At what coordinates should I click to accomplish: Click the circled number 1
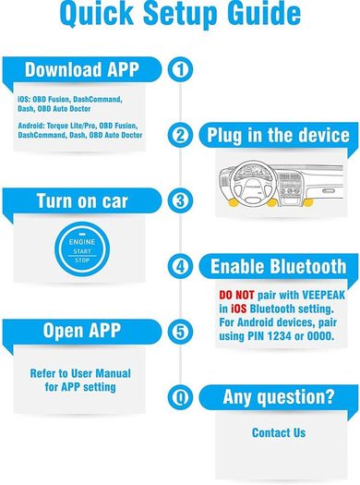[x=180, y=69]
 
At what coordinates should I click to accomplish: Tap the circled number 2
[x=180, y=135]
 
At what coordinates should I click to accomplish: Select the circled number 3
[x=180, y=200]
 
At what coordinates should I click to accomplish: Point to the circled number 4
[x=180, y=266]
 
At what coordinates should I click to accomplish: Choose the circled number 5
[x=180, y=332]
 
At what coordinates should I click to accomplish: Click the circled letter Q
[x=180, y=397]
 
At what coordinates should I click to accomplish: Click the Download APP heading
[x=82, y=69]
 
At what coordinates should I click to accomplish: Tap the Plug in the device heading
[x=278, y=136]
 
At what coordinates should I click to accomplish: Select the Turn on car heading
[x=82, y=201]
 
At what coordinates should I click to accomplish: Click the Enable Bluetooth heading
[x=278, y=266]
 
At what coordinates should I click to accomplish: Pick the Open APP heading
[x=82, y=331]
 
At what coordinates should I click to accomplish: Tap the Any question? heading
[x=279, y=397]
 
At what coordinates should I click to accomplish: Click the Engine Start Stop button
[x=82, y=249]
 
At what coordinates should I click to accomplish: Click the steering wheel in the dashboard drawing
[x=252, y=184]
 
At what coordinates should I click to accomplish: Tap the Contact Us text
[x=279, y=432]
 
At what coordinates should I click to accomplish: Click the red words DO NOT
[x=236, y=295]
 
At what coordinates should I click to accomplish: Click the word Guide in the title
[x=264, y=13]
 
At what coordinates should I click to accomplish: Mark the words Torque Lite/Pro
[x=71, y=126]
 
